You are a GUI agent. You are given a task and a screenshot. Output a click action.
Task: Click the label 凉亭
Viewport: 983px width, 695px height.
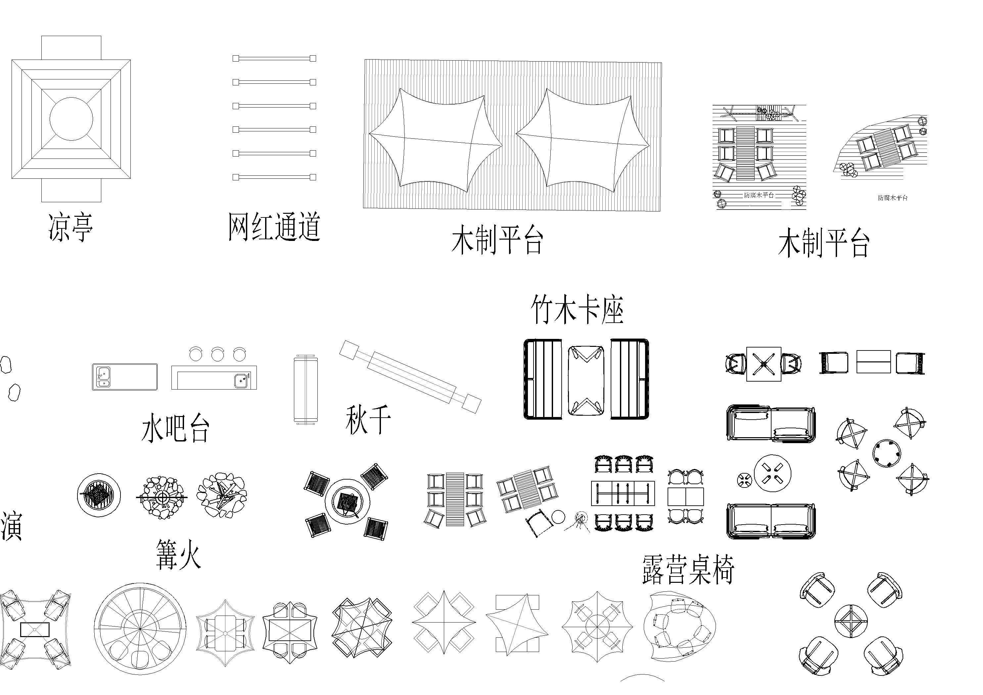(70, 227)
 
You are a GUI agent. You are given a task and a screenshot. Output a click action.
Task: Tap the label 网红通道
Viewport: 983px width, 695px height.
(274, 226)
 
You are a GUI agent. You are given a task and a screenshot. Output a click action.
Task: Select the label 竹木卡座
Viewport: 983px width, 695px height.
(577, 309)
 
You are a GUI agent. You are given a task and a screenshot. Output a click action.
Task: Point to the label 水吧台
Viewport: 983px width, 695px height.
(175, 428)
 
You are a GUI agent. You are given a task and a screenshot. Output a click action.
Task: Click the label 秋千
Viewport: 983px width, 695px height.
(368, 420)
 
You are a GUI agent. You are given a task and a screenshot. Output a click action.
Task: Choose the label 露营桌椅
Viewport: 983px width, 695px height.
(688, 570)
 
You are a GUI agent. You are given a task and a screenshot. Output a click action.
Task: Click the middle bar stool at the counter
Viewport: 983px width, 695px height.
(217, 354)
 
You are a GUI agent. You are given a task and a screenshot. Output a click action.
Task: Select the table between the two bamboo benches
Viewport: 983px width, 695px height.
(586, 381)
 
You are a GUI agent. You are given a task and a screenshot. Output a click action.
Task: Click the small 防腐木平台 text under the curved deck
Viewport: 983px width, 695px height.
(893, 198)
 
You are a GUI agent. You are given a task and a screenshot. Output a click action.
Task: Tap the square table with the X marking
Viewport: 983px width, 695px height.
(764, 364)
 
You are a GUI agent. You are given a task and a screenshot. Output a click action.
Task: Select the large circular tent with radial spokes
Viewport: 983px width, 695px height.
(140, 628)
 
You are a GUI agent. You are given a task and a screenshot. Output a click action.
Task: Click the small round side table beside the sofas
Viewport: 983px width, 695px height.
(744, 480)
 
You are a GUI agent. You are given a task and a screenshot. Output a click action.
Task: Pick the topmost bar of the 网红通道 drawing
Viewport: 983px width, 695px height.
(274, 58)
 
